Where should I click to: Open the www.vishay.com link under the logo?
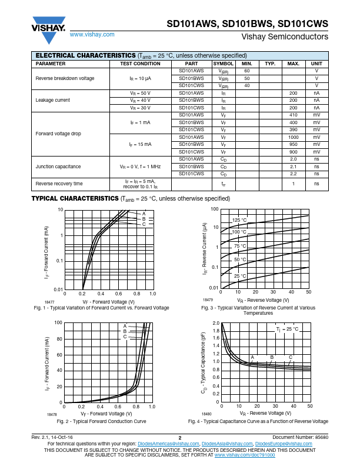[92, 34]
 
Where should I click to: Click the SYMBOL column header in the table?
[223, 64]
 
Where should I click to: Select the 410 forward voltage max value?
[293, 115]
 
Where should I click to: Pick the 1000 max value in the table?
[293, 137]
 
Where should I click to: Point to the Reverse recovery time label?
[59, 184]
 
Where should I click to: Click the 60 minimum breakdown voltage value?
[247, 71]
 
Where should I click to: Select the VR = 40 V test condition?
[140, 100]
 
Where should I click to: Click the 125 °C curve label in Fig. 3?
[239, 220]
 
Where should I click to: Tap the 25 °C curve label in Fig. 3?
[239, 275]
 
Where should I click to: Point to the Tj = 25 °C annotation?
[287, 329]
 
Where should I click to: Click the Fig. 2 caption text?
[101, 421]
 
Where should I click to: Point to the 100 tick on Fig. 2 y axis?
[59, 322]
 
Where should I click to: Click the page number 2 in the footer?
[179, 438]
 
